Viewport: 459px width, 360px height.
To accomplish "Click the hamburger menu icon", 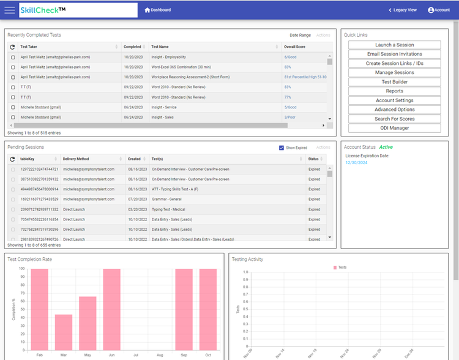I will click(9, 10).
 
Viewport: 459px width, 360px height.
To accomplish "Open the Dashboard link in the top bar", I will click(158, 10).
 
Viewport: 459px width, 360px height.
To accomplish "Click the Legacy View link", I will click(403, 10).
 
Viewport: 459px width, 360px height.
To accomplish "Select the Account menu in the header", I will click(439, 10).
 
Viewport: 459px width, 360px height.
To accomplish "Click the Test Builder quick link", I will click(395, 82).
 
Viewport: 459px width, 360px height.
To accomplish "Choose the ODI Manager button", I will click(395, 128).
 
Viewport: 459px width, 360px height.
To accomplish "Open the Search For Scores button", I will click(395, 119).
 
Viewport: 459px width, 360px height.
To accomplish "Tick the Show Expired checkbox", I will click(282, 148).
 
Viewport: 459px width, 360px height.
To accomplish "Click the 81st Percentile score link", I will click(305, 77).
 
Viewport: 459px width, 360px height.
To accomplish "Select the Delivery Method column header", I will click(76, 159).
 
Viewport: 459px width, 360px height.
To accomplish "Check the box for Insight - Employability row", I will click(13, 57).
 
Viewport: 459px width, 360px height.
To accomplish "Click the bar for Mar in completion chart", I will click(64, 332).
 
